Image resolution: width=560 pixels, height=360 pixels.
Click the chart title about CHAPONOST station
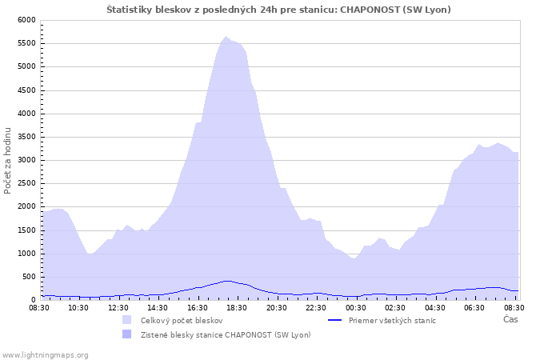click(x=278, y=10)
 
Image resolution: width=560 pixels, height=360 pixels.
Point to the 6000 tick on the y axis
click(x=26, y=20)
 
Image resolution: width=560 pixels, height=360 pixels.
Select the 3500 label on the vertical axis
click(x=26, y=137)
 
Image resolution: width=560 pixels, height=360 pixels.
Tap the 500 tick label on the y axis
click(x=29, y=277)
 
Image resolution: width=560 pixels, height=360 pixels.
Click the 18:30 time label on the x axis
click(x=237, y=307)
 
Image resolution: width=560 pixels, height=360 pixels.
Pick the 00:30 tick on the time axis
click(x=356, y=307)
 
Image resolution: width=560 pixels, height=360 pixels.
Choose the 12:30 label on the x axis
click(x=118, y=307)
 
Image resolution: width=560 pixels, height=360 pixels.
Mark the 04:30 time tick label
click(x=435, y=307)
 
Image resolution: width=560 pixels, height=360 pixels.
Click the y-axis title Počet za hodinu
click(x=7, y=161)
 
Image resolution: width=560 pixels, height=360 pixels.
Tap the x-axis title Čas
click(x=510, y=319)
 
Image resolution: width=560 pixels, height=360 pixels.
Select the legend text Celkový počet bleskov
click(x=182, y=320)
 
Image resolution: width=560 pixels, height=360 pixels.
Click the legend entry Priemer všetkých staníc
click(x=392, y=320)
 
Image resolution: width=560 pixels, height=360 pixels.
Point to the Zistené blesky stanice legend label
click(x=226, y=334)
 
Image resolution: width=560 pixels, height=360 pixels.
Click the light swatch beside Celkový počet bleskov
click(x=126, y=320)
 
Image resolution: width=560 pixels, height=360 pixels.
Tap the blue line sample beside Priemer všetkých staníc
click(x=334, y=320)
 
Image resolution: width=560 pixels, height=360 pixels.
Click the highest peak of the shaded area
click(x=226, y=37)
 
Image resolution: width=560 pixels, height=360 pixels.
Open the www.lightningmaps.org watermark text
click(x=44, y=355)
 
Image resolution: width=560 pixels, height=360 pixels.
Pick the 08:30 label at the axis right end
click(x=514, y=307)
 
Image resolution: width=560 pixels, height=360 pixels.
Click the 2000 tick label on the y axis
click(x=26, y=206)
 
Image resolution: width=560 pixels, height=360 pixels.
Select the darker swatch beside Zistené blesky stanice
click(x=126, y=334)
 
